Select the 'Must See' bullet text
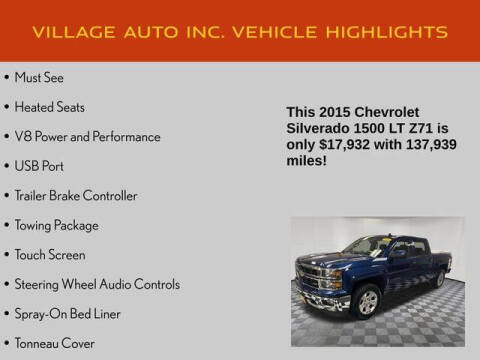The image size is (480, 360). (x=40, y=76)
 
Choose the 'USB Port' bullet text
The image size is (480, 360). (x=42, y=166)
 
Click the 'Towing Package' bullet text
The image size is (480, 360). (x=58, y=225)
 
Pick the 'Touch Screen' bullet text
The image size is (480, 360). (x=50, y=255)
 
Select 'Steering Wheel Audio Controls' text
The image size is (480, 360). (x=97, y=285)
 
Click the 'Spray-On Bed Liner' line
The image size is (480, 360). (x=68, y=314)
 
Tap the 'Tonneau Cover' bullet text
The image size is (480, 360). (x=56, y=344)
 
